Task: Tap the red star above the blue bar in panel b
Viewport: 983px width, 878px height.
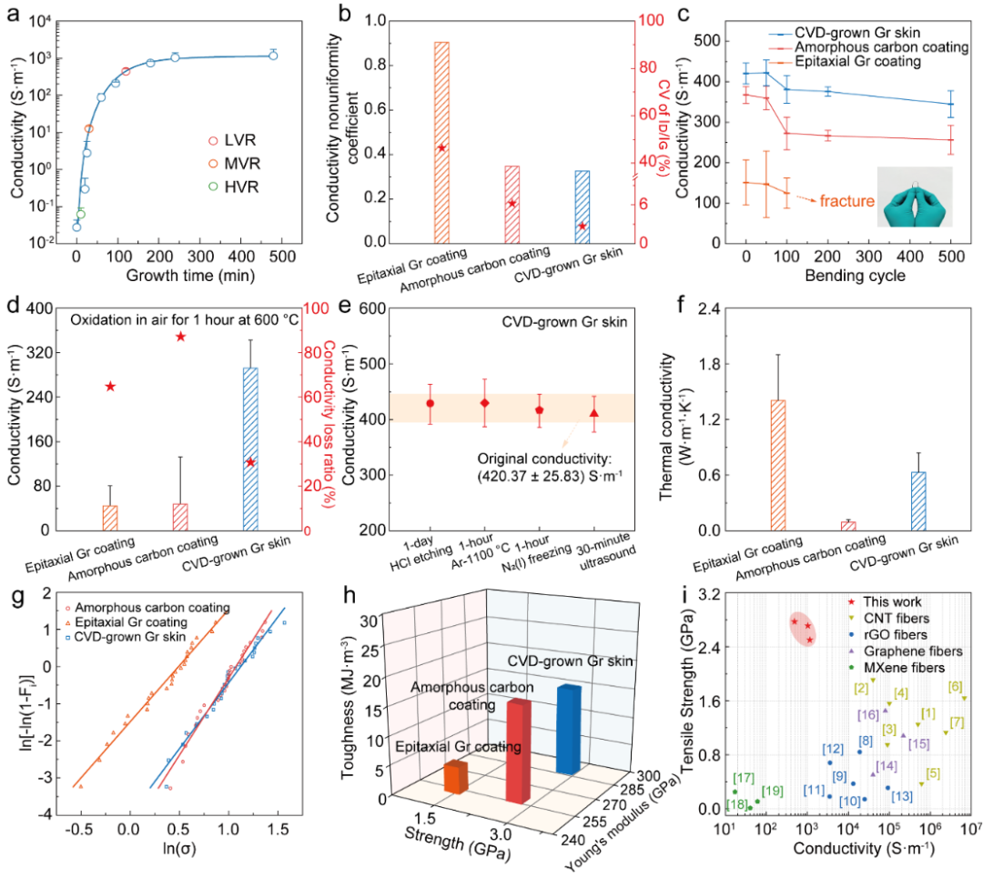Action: [x=582, y=227]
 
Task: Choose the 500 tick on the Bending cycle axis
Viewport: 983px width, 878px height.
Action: [x=951, y=250]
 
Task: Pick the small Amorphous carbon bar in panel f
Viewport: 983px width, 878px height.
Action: [x=849, y=525]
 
